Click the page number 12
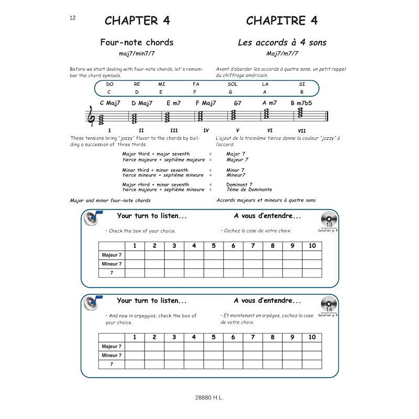point(73,18)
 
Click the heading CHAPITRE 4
point(282,21)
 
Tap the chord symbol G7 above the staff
point(237,103)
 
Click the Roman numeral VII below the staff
point(302,130)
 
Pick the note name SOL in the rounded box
point(233,84)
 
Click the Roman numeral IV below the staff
point(206,130)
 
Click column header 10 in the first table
point(312,246)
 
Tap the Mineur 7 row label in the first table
point(112,264)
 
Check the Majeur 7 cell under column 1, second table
point(134,347)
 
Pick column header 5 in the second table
point(213,337)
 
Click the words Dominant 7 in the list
point(239,185)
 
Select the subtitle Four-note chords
point(137,42)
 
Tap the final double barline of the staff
point(327,117)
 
